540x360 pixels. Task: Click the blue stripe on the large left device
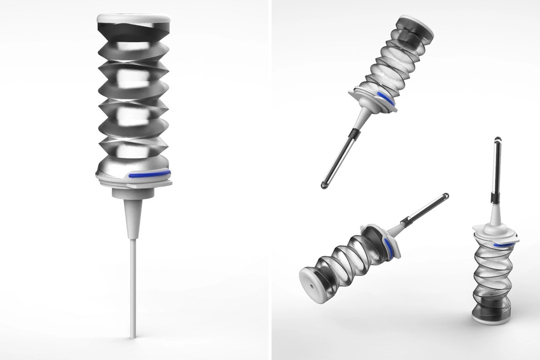[150, 175]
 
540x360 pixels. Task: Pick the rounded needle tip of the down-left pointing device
[325, 184]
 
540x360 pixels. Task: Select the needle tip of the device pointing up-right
[445, 196]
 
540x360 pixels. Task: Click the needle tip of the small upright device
[498, 139]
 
